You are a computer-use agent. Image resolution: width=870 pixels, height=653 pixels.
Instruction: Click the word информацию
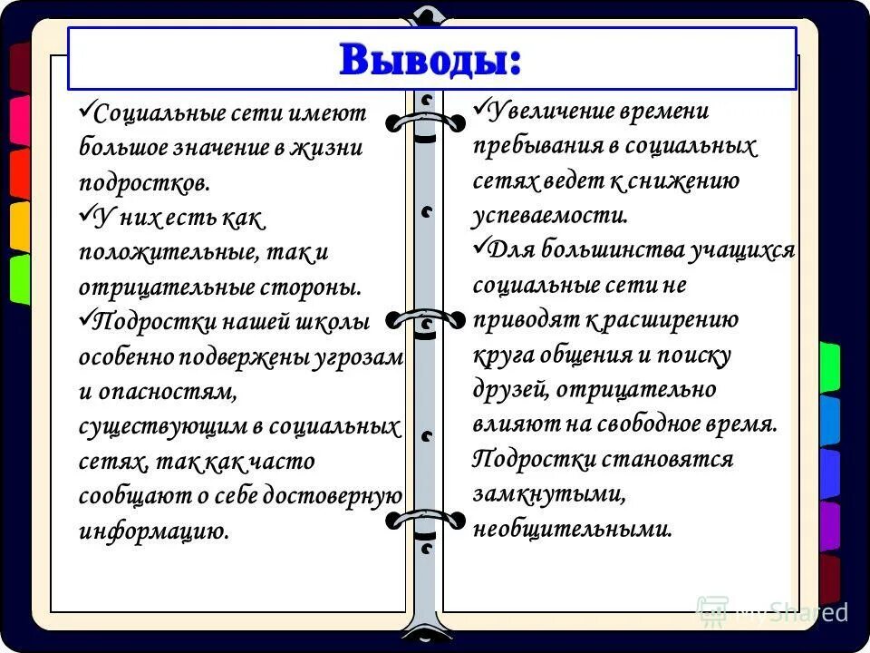[x=153, y=531]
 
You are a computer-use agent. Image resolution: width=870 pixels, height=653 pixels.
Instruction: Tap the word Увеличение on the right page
[x=549, y=112]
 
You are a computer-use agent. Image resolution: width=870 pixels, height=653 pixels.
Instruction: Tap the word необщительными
[x=572, y=529]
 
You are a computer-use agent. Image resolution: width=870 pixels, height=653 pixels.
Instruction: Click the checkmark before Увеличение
[x=480, y=108]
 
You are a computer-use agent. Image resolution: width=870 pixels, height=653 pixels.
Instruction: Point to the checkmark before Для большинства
[x=480, y=247]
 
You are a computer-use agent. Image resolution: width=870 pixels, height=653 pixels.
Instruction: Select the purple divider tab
[x=829, y=524]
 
